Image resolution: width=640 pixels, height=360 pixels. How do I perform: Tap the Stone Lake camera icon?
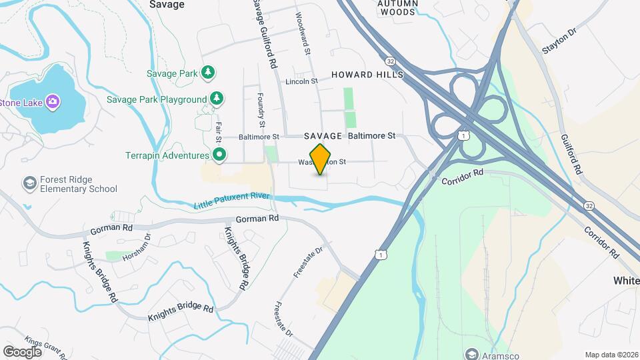click(x=53, y=102)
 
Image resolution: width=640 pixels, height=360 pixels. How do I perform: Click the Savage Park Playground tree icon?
click(x=216, y=99)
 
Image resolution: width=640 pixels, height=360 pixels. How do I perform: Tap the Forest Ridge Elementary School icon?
click(x=30, y=183)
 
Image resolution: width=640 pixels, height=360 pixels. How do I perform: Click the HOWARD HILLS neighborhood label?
click(x=367, y=75)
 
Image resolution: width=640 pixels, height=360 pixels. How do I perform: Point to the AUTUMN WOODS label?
click(x=398, y=7)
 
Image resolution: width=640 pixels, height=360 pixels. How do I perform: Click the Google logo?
click(x=22, y=351)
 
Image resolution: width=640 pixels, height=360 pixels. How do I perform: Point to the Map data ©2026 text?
click(x=611, y=355)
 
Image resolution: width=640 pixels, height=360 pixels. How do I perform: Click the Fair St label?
click(x=218, y=131)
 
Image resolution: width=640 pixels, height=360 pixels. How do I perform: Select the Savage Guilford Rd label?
click(x=264, y=33)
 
